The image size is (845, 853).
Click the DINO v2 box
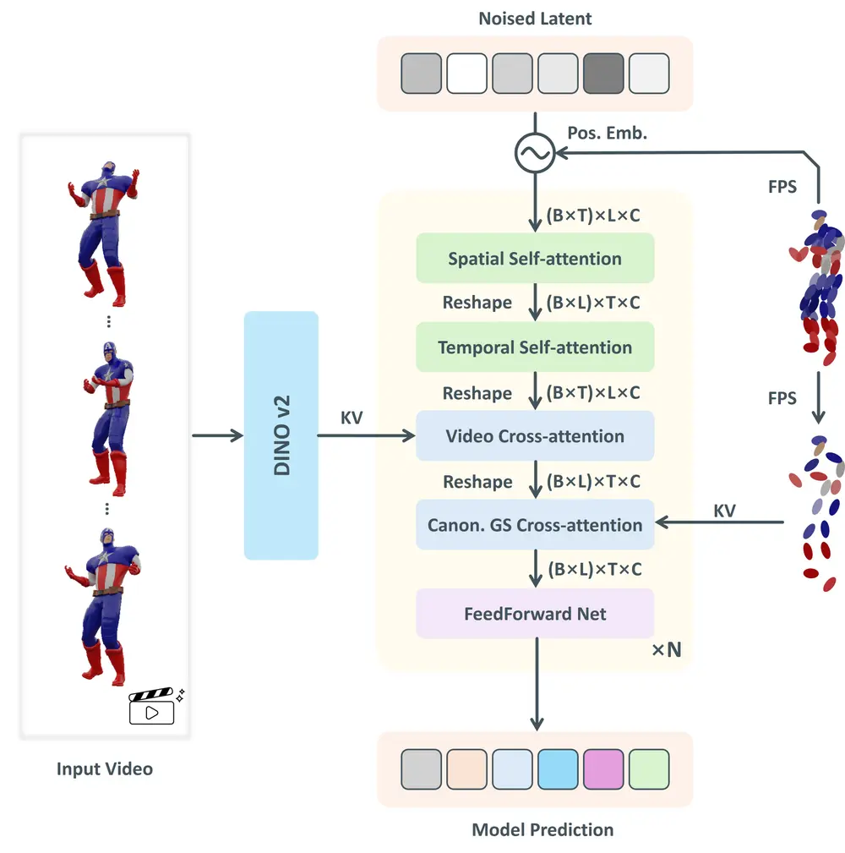(x=281, y=435)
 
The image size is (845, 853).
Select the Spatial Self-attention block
(x=535, y=258)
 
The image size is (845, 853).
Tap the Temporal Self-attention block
(x=535, y=347)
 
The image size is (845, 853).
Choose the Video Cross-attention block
(x=535, y=436)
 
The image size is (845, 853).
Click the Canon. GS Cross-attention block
(x=535, y=525)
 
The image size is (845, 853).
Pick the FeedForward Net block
(x=535, y=614)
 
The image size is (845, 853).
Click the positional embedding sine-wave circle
(x=535, y=153)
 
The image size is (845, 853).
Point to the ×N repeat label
(x=666, y=650)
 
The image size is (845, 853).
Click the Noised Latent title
(x=535, y=19)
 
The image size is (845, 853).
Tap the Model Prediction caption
(x=542, y=829)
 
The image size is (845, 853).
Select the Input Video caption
(x=105, y=768)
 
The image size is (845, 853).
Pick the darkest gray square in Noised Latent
(x=603, y=74)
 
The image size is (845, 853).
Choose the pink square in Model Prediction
(x=603, y=769)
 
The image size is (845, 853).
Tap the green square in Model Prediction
(x=649, y=769)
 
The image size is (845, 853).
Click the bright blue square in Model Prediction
(x=558, y=769)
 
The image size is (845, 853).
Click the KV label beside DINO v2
(x=352, y=418)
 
